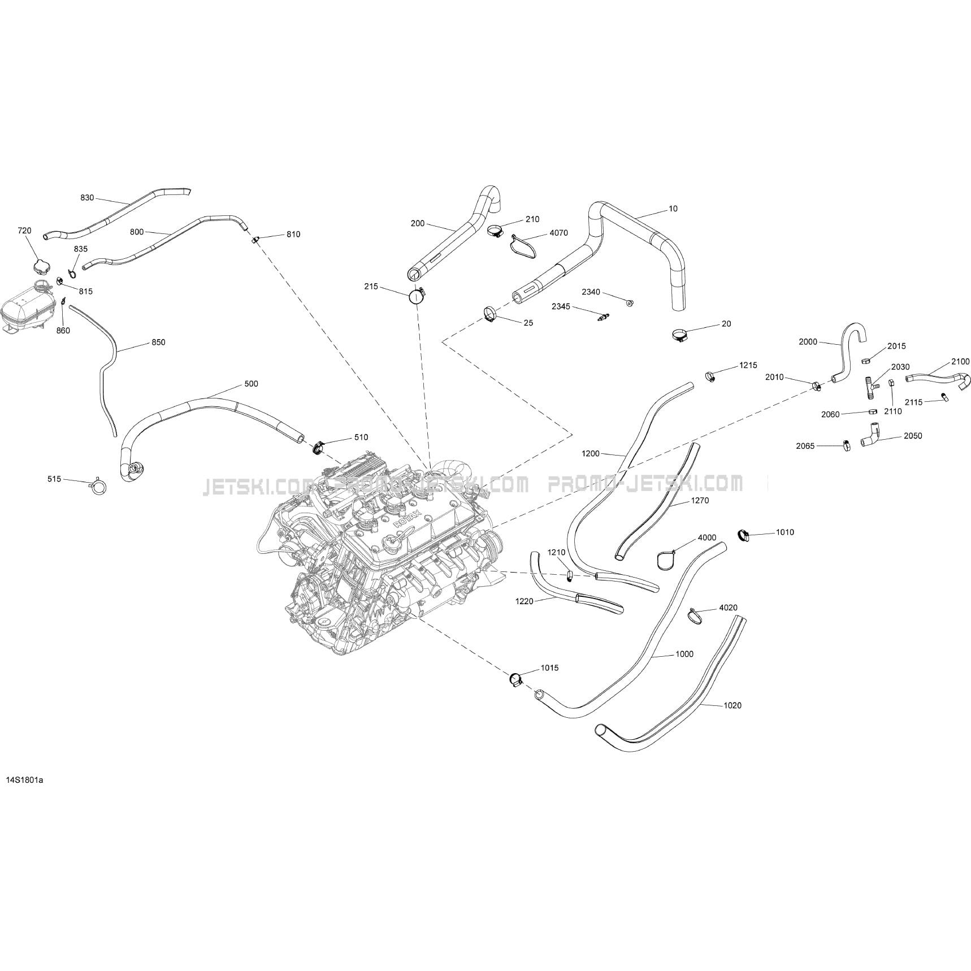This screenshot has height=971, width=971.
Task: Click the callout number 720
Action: coord(24,231)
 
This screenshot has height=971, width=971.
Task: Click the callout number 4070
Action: coord(558,233)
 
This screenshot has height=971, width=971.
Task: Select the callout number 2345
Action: coord(561,306)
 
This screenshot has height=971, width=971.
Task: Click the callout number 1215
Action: coord(748,365)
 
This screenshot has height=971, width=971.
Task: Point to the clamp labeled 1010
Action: coord(744,534)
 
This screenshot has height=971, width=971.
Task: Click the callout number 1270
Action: coord(699,500)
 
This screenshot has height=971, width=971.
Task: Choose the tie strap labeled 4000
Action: coord(666,559)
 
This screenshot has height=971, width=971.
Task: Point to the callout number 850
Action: coord(158,342)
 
